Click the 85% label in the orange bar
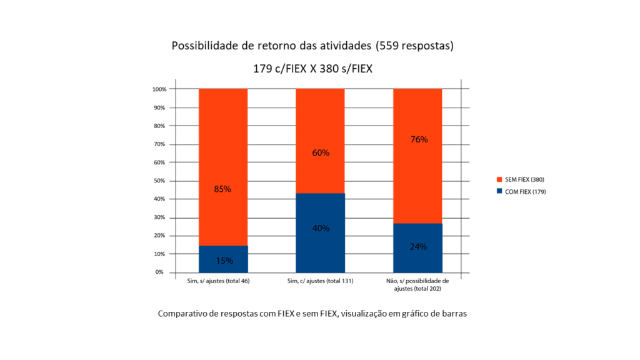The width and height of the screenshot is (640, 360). pyautogui.click(x=223, y=189)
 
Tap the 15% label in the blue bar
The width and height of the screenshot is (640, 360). pyautogui.click(x=224, y=261)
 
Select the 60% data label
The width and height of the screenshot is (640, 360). pyautogui.click(x=320, y=152)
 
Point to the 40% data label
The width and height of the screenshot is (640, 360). pyautogui.click(x=320, y=228)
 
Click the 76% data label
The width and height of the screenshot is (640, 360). pyautogui.click(x=418, y=139)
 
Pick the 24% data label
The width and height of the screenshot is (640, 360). pyautogui.click(x=418, y=246)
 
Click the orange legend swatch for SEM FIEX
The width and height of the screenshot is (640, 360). pyautogui.click(x=500, y=180)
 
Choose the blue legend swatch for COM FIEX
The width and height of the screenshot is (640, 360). pyautogui.click(x=500, y=192)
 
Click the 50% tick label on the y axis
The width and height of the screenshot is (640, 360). pyautogui.click(x=160, y=181)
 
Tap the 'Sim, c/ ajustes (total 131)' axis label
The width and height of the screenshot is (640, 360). pyautogui.click(x=320, y=281)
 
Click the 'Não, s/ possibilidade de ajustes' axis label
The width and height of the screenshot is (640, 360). pyautogui.click(x=417, y=285)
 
